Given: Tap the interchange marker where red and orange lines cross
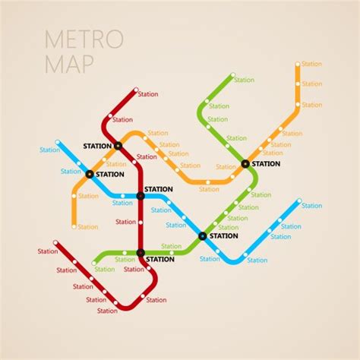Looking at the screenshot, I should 118,145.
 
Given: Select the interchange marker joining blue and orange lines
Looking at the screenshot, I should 90,174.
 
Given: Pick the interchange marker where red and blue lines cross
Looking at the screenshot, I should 141,195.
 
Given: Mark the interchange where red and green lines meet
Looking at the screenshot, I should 141,252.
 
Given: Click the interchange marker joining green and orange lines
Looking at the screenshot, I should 245,163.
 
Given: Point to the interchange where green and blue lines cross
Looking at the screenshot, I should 202,235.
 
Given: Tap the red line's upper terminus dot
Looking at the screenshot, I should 136,91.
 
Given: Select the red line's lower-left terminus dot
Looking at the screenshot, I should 56,244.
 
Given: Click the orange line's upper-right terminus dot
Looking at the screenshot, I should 298,65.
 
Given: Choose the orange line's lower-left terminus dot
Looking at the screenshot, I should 74,226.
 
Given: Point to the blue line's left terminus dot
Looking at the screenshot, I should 58,142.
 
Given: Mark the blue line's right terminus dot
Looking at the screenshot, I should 299,202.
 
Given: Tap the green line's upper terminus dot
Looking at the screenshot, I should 232,77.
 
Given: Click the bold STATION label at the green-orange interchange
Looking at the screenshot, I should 266,163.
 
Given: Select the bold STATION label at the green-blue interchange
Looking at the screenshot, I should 223,235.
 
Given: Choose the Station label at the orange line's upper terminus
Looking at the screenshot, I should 311,65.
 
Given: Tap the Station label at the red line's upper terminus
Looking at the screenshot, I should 148,94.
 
